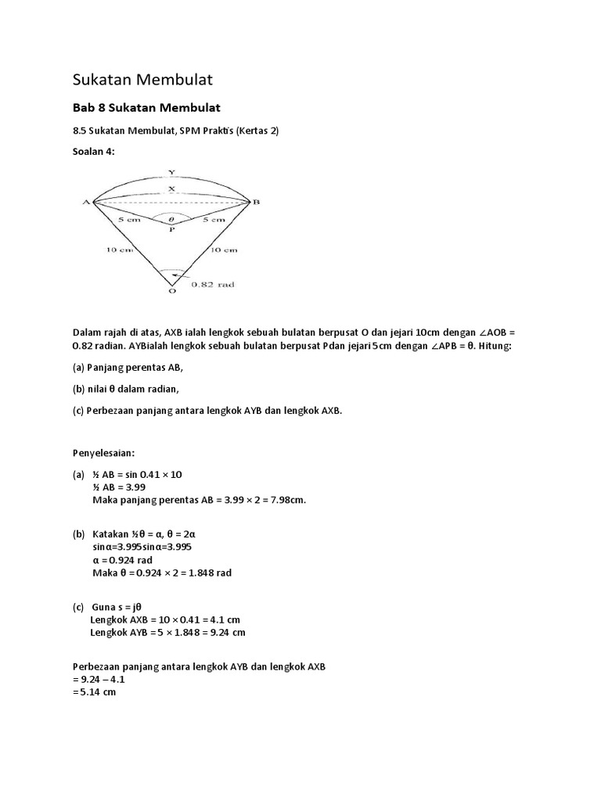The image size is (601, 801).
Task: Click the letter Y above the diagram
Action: point(171,171)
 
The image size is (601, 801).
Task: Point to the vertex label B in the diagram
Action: point(255,202)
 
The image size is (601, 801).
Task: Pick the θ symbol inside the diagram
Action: point(172,220)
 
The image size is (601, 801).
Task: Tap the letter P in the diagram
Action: point(172,232)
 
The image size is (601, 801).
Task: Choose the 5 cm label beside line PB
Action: point(214,221)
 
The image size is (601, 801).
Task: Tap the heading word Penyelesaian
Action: point(104,452)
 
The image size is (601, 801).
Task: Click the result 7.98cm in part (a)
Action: point(284,501)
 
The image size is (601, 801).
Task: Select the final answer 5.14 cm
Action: point(97,692)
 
